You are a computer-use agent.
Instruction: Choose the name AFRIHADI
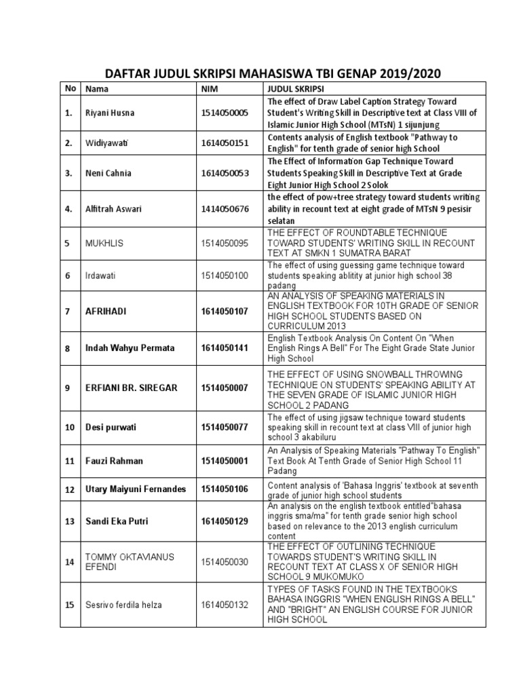coord(105,311)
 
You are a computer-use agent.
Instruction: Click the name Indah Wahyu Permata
coord(129,347)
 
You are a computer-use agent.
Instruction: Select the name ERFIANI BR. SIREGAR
coord(131,388)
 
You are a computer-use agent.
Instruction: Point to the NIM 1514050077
coord(225,428)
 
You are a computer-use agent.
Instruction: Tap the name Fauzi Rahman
coord(113,461)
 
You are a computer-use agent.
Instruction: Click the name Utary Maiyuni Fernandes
coord(134,489)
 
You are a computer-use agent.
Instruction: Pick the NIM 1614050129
coord(225,521)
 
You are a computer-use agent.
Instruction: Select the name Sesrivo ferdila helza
coord(122,603)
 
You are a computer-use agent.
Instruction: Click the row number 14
coord(69,561)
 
